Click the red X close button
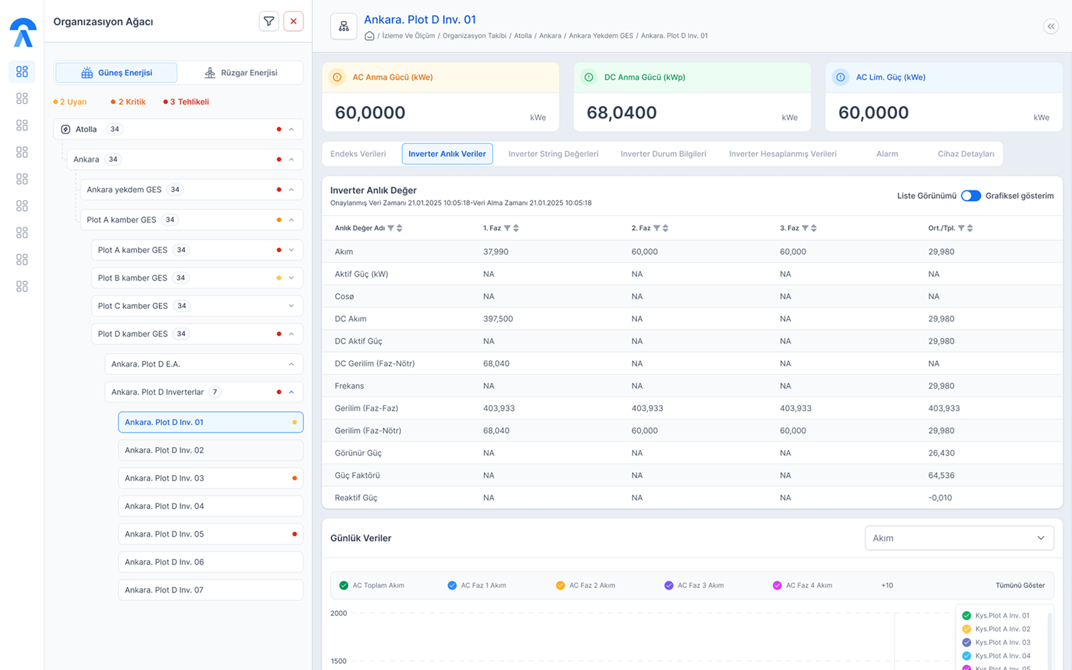[x=293, y=21]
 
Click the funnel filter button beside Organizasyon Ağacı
[x=269, y=21]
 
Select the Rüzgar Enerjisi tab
[x=241, y=73]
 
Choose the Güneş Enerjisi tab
[x=117, y=73]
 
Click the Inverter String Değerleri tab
[x=553, y=153]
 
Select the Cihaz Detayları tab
[x=965, y=153]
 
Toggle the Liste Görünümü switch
[x=971, y=196]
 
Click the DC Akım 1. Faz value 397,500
[x=498, y=319]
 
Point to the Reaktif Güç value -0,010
[x=940, y=498]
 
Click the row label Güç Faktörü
[x=357, y=475]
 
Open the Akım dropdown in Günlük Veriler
[x=959, y=538]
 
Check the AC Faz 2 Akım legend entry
[x=586, y=586]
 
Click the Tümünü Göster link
[x=1020, y=586]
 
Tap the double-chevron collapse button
[x=1051, y=26]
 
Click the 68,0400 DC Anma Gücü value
[x=621, y=113]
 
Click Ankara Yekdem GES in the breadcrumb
[x=600, y=36]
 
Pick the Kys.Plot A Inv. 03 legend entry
[x=998, y=643]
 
